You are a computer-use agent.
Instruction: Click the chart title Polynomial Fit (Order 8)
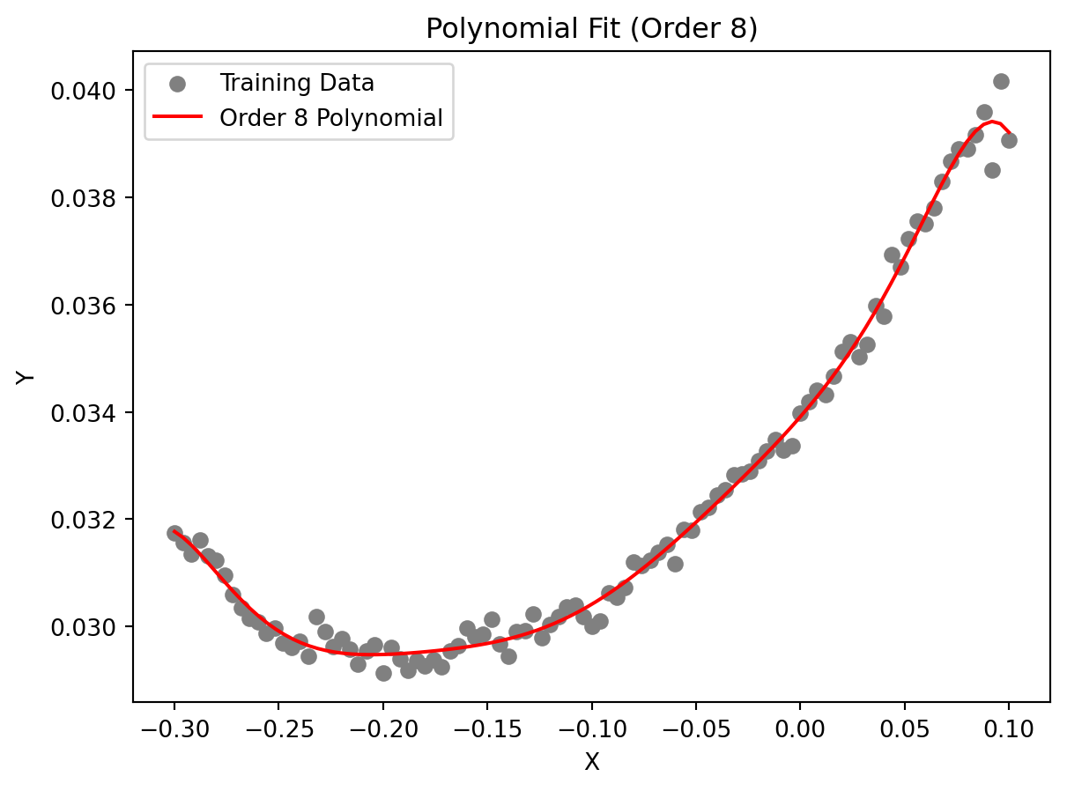(x=591, y=29)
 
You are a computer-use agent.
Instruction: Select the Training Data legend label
(x=297, y=83)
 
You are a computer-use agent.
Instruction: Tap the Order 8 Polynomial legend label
(x=330, y=117)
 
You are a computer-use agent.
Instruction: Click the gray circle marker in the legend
(x=177, y=84)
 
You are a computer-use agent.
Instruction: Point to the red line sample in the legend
(x=177, y=117)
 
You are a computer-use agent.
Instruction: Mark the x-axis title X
(x=591, y=762)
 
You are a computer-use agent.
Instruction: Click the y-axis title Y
(x=26, y=376)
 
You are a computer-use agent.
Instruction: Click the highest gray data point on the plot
(x=1001, y=81)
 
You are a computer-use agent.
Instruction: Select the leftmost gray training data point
(x=174, y=533)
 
